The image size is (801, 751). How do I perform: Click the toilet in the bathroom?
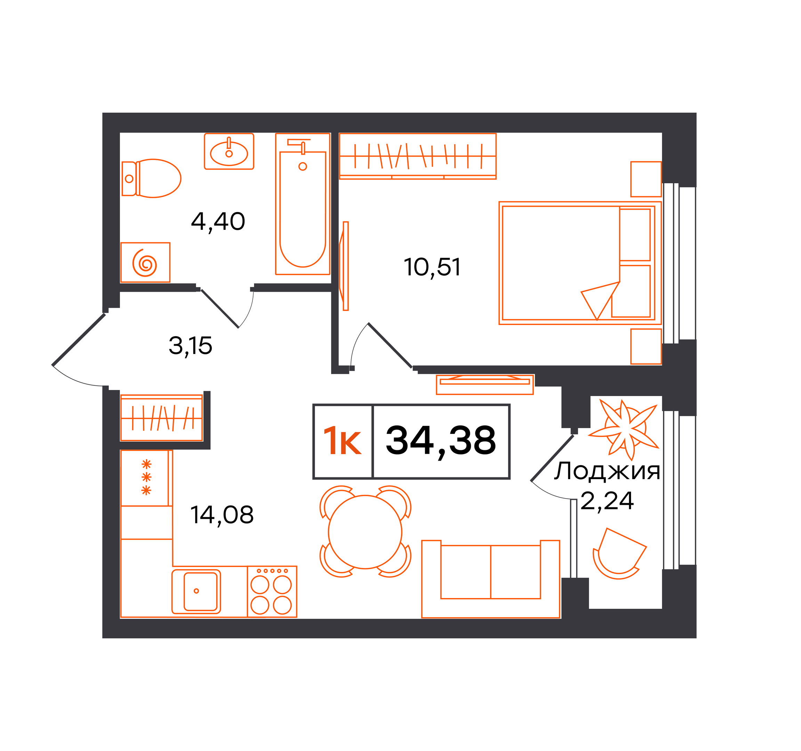pos(151,178)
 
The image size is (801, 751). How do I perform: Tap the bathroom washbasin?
pos(229,151)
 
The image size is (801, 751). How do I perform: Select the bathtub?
pos(302,204)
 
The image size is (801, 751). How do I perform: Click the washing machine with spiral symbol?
pos(145,262)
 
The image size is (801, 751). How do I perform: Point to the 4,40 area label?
pos(218,221)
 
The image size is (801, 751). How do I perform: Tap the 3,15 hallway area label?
pos(190,346)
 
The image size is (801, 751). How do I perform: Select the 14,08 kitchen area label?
pos(222,515)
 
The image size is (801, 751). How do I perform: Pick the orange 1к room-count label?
pos(342,441)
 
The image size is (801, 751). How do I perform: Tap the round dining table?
pos(365,532)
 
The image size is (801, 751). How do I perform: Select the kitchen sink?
pos(196,591)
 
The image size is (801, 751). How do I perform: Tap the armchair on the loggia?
pos(619,554)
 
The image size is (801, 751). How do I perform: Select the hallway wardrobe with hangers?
pos(162,418)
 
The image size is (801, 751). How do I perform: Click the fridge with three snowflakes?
pos(147,478)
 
